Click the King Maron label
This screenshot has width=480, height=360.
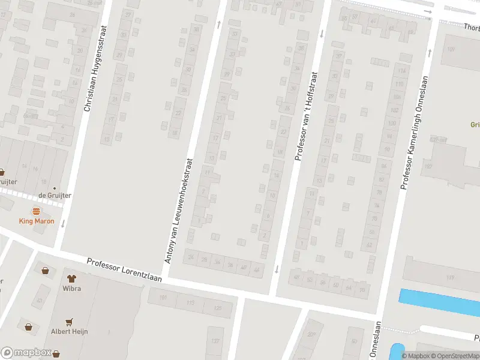pos(36,221)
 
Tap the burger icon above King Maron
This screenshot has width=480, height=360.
pos(36,211)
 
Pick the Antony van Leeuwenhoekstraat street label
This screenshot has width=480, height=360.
pos(178,211)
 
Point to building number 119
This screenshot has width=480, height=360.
pos(450,277)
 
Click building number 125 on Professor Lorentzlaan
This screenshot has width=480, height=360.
pos(217,308)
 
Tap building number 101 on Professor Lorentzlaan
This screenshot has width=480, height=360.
pos(163,297)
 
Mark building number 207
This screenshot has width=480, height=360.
pos(311,334)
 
